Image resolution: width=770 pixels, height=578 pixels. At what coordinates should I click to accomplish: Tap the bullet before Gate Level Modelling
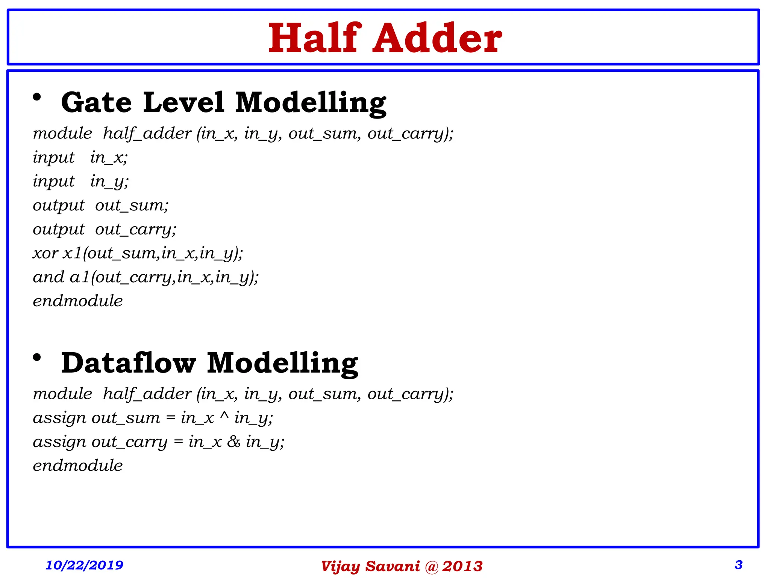pos(37,97)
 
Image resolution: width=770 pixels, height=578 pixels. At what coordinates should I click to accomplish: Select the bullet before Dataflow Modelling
pos(37,357)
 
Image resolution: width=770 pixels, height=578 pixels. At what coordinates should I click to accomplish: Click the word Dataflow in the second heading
pos(129,363)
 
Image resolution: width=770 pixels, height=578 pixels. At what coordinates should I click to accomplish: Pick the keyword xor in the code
pos(45,253)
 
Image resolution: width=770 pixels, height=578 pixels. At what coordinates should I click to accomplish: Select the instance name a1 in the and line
pos(80,277)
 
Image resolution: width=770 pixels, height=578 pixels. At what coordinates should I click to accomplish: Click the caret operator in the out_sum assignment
pos(224,416)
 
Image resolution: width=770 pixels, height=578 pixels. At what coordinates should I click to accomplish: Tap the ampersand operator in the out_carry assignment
pos(233,442)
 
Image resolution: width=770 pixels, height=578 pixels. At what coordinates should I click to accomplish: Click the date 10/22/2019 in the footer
pos(84,565)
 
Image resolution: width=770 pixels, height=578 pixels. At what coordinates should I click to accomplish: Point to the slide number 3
pos(738,564)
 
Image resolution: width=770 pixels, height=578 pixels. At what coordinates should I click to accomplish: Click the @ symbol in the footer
pos(431,567)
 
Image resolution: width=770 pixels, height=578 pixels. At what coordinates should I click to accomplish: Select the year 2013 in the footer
pos(462,566)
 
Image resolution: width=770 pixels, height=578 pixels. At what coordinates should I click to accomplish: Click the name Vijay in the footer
pos(341,567)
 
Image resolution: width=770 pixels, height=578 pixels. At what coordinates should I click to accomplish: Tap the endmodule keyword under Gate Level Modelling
pos(78,301)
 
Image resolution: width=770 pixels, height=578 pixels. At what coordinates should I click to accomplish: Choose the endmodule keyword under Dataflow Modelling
pos(78,466)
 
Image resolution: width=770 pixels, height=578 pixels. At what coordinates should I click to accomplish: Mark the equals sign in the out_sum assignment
pos(170,418)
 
